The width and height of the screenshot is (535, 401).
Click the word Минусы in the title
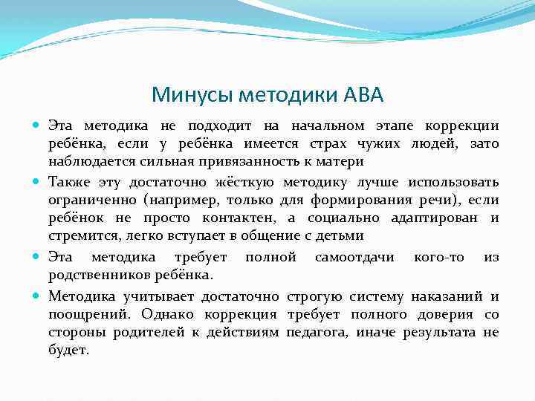pos(187,95)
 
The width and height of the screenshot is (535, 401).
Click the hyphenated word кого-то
pos(439,257)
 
